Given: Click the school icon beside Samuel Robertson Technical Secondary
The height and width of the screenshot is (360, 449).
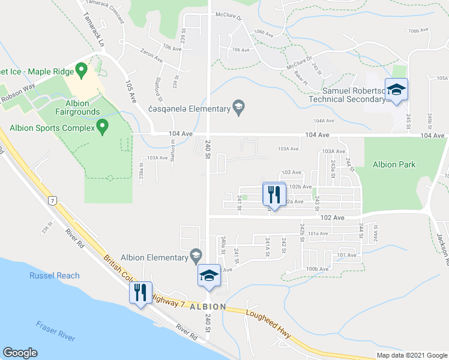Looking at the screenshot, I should coord(396,90).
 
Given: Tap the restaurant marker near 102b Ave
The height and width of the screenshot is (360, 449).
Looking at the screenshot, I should coord(272,194).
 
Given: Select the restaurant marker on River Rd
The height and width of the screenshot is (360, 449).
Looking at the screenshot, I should coord(141,293).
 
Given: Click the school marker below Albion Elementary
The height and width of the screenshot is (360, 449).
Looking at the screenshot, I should coord(208,276).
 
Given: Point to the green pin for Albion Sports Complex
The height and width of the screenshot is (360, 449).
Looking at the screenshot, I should coord(102,127).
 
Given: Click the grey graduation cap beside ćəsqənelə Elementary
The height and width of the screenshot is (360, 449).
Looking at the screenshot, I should coord(238,108).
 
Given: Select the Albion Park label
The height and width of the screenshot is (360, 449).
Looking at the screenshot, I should coord(394,164).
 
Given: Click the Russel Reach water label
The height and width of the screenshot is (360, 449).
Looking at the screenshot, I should coord(55,276).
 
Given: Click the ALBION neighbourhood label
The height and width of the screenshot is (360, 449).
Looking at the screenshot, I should coord(208,307).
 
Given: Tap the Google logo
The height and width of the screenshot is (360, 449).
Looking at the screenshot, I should coord(20,353).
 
